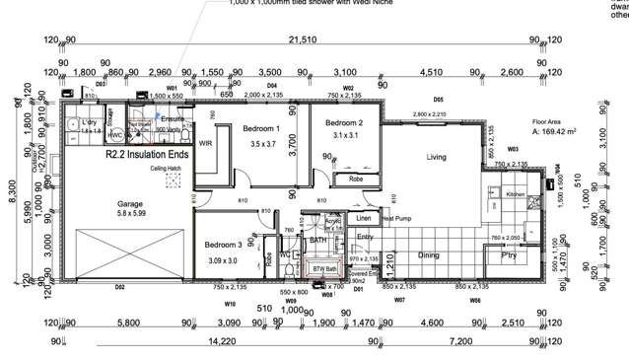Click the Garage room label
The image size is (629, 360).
(123, 204)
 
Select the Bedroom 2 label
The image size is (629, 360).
(345, 122)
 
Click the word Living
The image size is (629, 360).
(437, 158)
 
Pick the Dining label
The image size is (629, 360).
(429, 255)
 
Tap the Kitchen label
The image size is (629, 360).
(518, 195)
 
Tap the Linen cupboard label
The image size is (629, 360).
(364, 217)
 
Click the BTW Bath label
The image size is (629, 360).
(324, 268)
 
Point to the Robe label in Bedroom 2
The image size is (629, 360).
(355, 180)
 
